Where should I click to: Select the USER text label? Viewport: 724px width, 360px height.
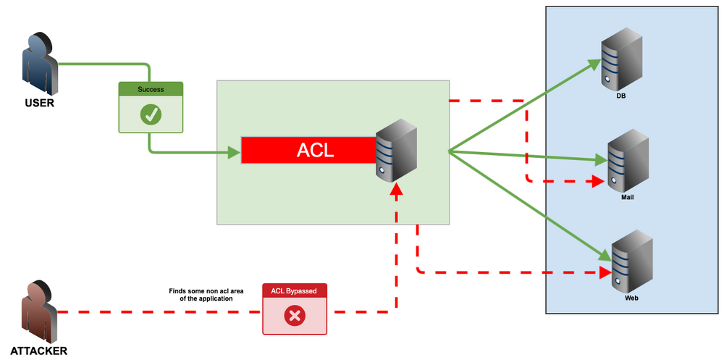point(39,103)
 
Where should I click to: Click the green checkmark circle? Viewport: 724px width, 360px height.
point(151,114)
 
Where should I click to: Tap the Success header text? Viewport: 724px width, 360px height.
point(151,90)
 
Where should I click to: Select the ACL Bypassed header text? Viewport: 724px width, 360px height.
point(294,291)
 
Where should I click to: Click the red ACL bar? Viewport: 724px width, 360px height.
point(308,151)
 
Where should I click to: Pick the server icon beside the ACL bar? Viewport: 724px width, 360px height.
point(396,151)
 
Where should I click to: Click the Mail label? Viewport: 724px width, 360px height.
point(627,197)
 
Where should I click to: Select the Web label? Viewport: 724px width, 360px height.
point(631,298)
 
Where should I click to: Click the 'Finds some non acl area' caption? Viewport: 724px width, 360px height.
point(201,294)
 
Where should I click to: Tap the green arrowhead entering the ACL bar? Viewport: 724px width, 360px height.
point(234,152)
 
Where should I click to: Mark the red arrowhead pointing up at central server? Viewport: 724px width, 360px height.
point(395,190)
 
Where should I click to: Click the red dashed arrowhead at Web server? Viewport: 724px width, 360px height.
point(605,273)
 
